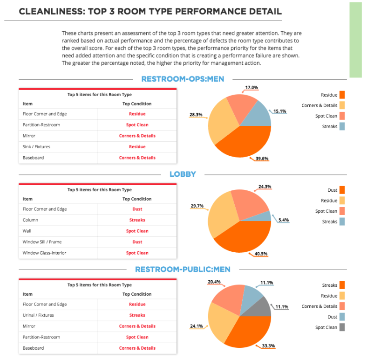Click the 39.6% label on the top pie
(262, 159)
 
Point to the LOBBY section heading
(182, 174)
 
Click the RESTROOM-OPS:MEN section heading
(182, 79)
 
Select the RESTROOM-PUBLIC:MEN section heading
(182, 269)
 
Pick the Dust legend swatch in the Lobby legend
(342, 190)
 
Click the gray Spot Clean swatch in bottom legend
(342, 327)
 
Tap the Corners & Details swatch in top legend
(342, 105)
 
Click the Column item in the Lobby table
(31, 220)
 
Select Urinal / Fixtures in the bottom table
(38, 315)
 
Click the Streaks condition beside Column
(137, 220)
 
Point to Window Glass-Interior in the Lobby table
(44, 253)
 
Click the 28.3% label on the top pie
(196, 115)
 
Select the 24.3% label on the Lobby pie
(265, 187)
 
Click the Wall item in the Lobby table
(27, 231)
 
